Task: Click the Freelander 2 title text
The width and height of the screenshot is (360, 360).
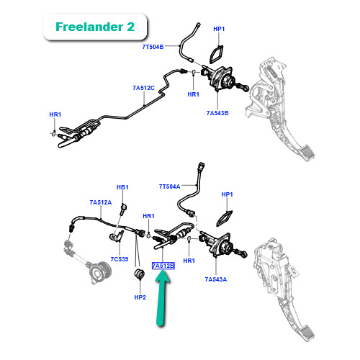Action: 95,27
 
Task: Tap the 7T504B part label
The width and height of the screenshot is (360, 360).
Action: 153,47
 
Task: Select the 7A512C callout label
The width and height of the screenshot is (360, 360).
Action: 143,88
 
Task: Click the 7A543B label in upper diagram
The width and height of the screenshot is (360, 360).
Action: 217,113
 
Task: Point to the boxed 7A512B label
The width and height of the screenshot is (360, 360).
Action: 163,266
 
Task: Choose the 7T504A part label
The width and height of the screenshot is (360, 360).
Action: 169,186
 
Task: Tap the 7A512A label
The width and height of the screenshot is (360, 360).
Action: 101,202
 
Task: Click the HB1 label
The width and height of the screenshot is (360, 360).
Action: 122,187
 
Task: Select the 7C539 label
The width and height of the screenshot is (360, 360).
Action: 120,259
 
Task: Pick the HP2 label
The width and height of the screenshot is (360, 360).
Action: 140,297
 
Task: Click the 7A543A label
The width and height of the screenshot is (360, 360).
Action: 216,279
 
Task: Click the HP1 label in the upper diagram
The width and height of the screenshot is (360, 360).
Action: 219,29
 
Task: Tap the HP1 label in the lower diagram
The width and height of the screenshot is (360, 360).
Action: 227,194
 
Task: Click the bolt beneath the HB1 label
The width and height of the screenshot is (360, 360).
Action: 123,209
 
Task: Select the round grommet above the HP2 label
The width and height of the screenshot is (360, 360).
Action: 140,274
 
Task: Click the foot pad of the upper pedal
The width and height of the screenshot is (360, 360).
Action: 306,153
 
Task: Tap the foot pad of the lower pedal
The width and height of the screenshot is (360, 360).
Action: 306,333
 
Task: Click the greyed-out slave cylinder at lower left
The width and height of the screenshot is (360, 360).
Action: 99,272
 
